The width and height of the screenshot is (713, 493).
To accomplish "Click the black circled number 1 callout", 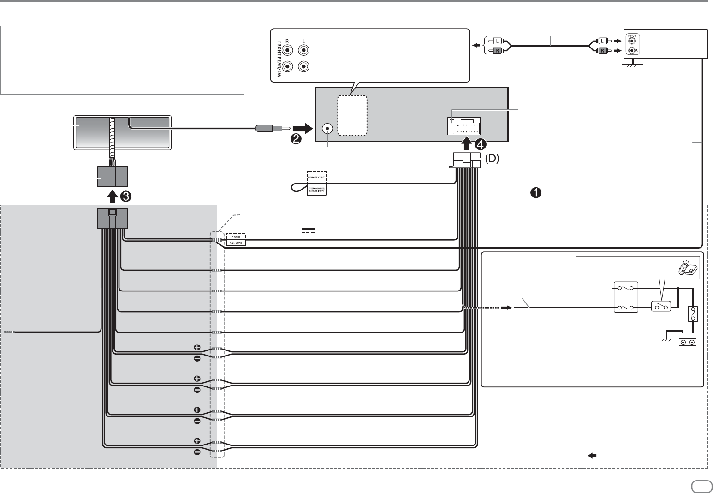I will [x=537, y=192].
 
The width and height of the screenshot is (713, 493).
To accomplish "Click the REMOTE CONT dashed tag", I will [x=317, y=177].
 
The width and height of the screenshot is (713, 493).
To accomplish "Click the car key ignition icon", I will [x=689, y=268].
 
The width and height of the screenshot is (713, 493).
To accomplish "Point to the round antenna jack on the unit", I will [x=328, y=129].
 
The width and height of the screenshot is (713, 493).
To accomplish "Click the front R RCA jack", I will [x=288, y=50].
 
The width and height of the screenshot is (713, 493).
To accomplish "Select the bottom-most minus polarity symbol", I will [x=197, y=452].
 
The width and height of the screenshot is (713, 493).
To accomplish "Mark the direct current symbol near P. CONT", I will [x=308, y=230].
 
